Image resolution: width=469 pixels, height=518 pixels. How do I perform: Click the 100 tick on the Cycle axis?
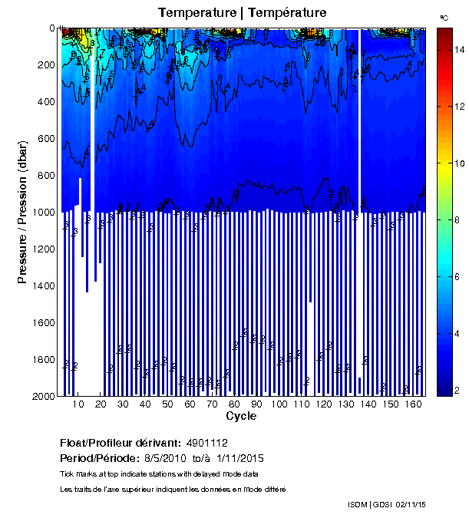tap(279, 404)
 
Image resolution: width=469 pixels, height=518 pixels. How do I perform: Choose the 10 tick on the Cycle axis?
tap(78, 404)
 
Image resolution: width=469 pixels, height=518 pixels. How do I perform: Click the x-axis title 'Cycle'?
tap(241, 417)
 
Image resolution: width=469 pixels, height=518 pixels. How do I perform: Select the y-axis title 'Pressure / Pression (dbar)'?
tap(22, 213)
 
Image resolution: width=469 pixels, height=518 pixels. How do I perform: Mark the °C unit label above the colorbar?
tap(444, 17)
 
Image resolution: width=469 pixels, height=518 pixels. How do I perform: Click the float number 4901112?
tap(206, 443)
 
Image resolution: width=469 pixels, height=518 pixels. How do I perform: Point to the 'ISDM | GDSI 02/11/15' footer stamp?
tap(386, 504)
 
